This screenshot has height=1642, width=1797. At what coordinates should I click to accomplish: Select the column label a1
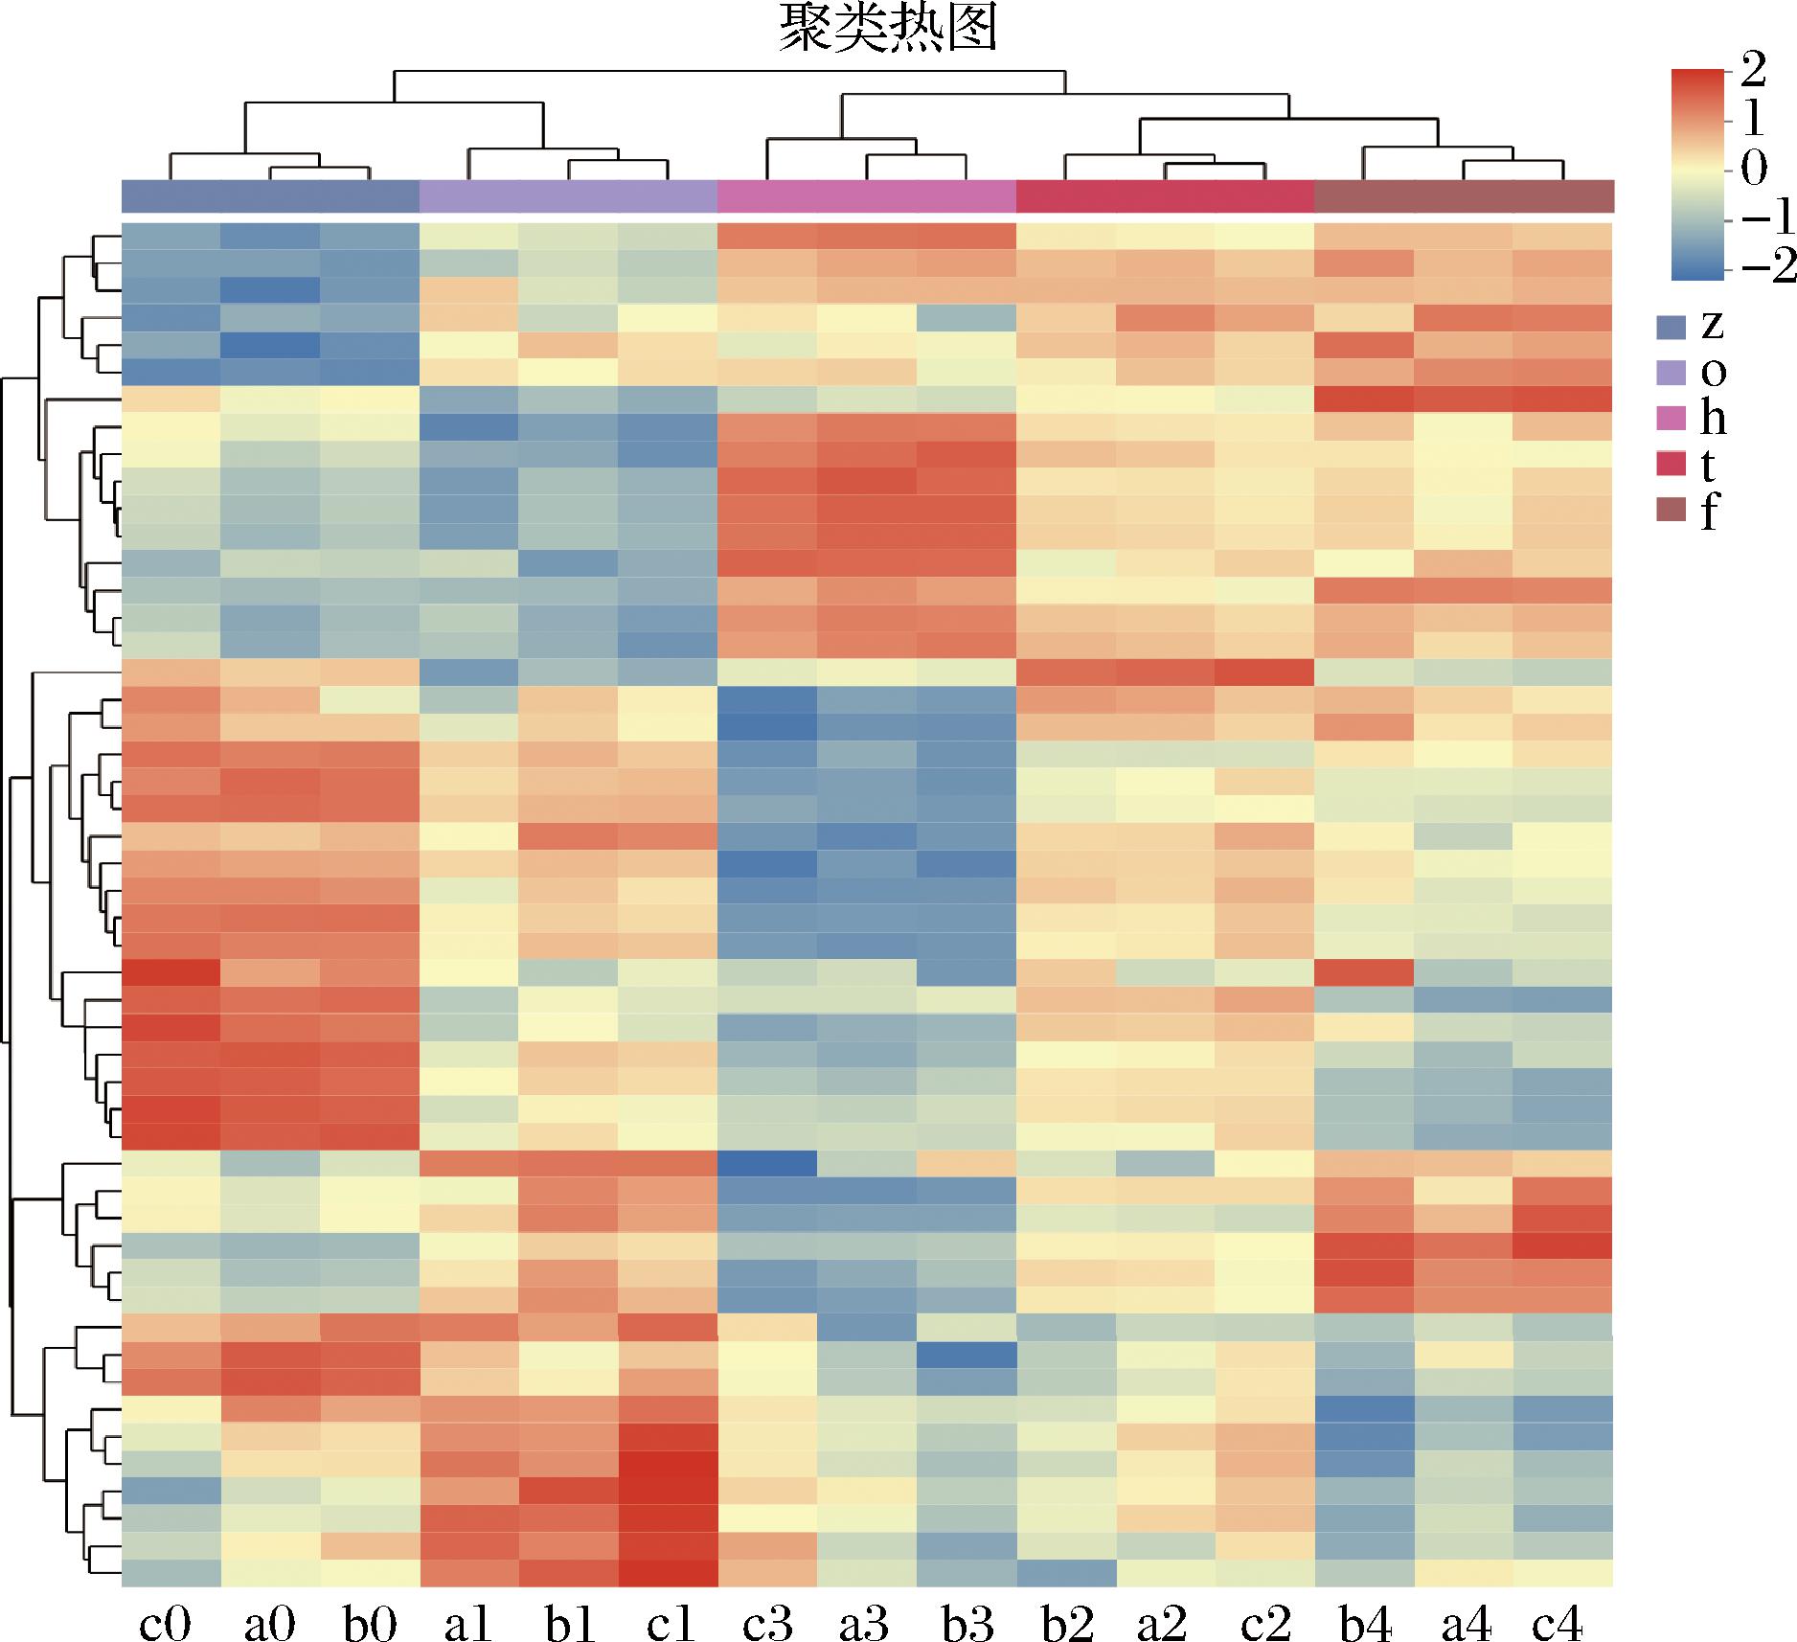point(468,1619)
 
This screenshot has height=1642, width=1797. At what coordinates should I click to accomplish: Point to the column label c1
point(670,1619)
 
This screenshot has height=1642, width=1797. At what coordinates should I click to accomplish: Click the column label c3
point(767,1619)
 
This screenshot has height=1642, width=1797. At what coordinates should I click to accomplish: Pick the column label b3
point(966,1619)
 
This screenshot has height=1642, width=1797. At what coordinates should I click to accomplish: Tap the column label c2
point(1265,1619)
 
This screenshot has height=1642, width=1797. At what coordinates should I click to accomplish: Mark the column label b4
point(1365,1619)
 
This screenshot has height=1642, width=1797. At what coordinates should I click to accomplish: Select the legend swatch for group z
point(1672,328)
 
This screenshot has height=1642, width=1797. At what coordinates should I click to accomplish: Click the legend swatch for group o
point(1672,374)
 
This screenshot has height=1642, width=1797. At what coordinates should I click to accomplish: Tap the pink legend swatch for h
point(1672,420)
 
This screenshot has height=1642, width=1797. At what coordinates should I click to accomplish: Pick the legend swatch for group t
point(1672,466)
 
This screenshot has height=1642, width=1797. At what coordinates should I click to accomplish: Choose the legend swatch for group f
point(1672,513)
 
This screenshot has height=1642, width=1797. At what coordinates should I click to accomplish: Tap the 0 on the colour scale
point(1753,169)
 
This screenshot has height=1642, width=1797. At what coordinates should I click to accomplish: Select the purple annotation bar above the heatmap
point(569,196)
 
